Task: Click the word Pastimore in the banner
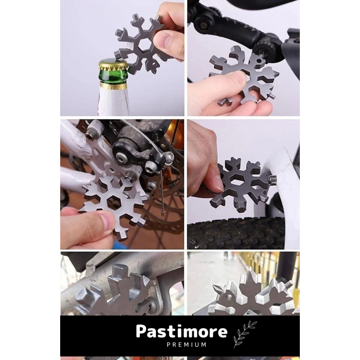point(182,332)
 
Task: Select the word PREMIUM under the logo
point(186,345)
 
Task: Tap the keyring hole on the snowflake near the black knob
point(259,61)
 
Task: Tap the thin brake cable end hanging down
point(163,213)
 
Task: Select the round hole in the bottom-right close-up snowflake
point(229,297)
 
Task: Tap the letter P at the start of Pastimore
point(141,331)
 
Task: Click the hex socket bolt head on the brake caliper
point(121,157)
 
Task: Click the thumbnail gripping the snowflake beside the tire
point(219,184)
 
